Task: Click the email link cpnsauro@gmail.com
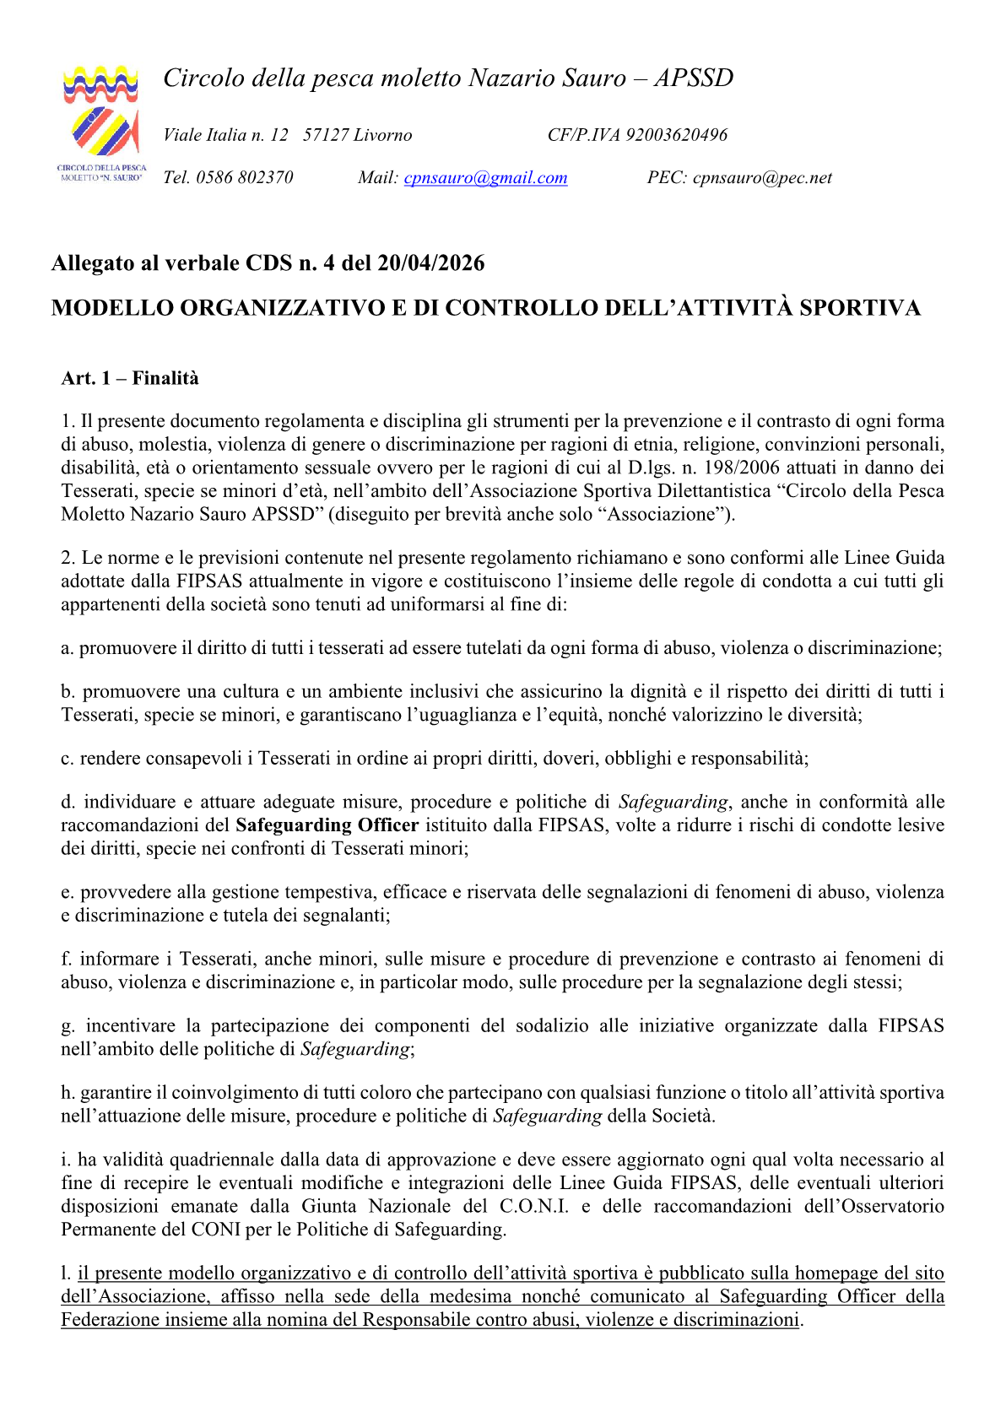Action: pyautogui.click(x=485, y=177)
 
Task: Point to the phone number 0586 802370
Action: pyautogui.click(x=244, y=177)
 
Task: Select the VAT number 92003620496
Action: pyautogui.click(x=676, y=135)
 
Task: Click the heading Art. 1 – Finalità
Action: pyautogui.click(x=130, y=378)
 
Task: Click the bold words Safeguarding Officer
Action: pyautogui.click(x=327, y=825)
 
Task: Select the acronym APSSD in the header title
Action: pyautogui.click(x=694, y=78)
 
